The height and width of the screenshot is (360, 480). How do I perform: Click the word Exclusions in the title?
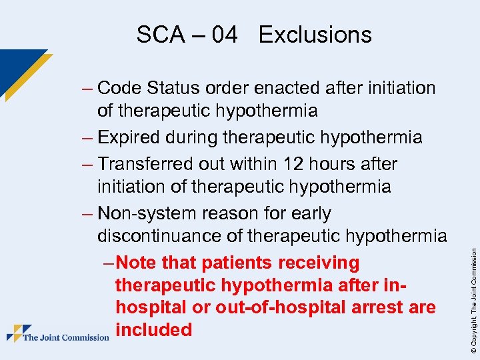(315, 35)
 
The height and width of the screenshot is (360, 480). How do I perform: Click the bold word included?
(153, 329)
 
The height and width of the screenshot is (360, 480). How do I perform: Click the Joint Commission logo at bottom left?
(57, 333)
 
